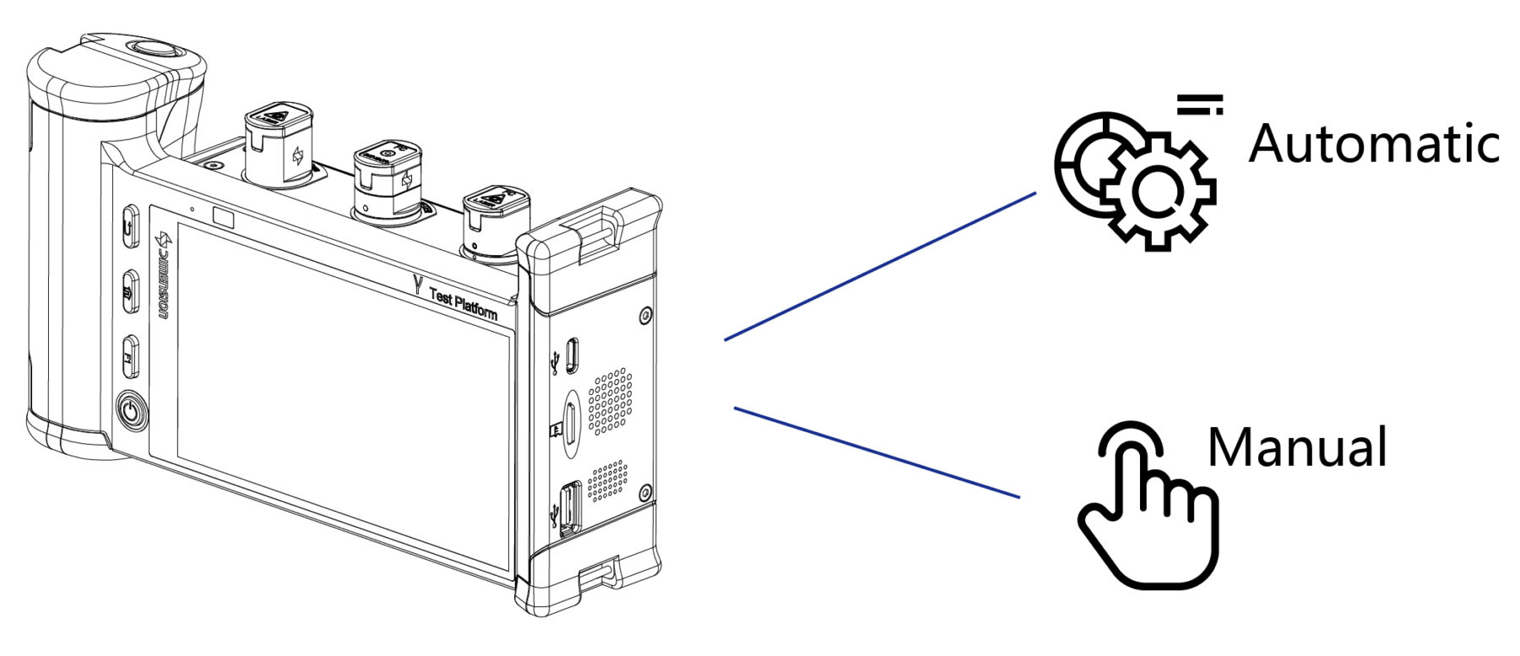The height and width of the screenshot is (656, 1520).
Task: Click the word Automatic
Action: [1373, 144]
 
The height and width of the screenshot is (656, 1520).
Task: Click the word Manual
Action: [1297, 447]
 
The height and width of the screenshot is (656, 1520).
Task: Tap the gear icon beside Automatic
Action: [1136, 178]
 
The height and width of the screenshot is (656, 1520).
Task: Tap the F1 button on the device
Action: [130, 357]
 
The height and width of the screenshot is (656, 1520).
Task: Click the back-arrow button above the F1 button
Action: [130, 225]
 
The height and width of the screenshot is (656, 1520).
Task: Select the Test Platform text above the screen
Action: [462, 303]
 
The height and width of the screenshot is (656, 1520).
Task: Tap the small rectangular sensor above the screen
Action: [223, 217]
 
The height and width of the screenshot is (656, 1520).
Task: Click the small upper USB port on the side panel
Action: [573, 355]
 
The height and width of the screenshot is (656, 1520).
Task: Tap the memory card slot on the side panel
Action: [571, 422]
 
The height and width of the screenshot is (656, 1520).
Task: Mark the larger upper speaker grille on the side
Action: [610, 401]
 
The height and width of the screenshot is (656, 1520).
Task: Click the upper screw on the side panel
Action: [646, 316]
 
